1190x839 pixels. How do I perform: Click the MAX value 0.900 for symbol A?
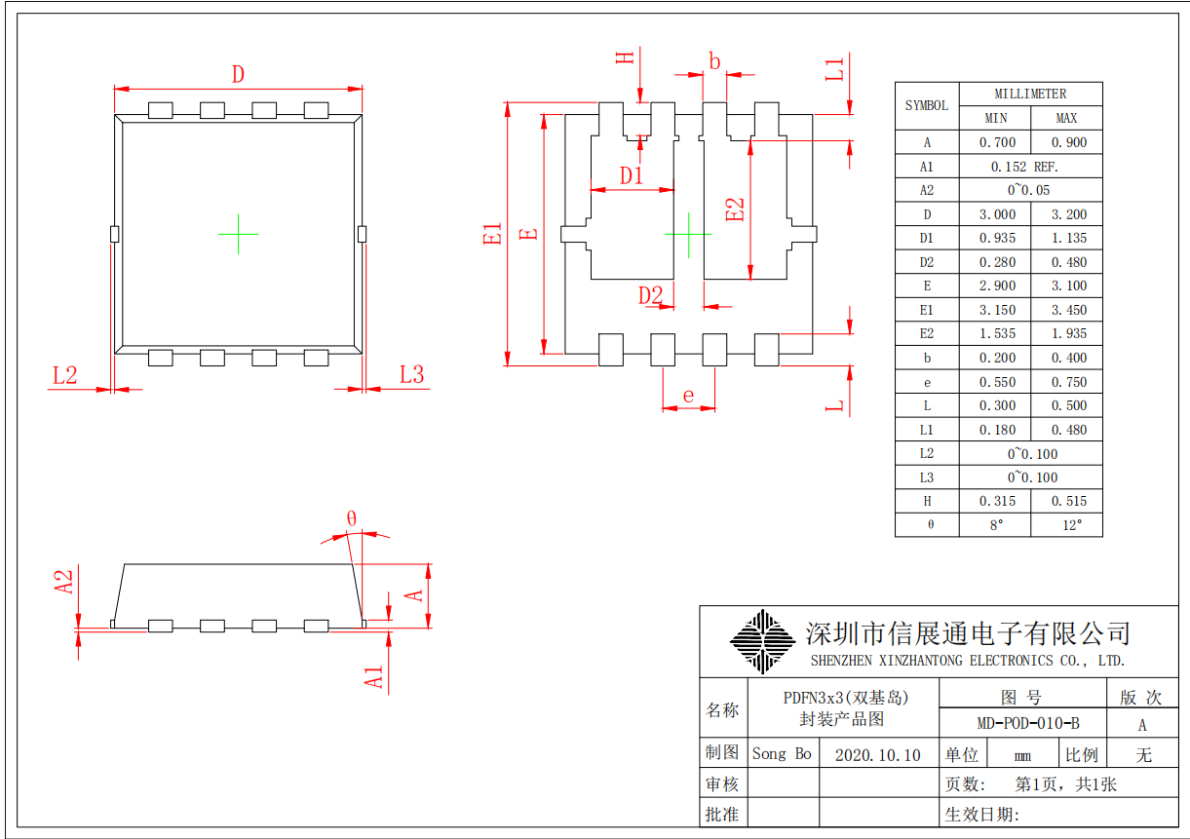click(1066, 142)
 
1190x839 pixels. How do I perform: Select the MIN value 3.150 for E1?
click(995, 310)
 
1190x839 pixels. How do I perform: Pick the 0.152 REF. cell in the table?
click(1031, 167)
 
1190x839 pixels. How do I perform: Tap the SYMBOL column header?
click(927, 106)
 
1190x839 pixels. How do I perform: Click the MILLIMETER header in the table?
click(1030, 94)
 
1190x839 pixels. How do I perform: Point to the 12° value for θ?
click(1066, 525)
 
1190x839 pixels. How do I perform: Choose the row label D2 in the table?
click(927, 262)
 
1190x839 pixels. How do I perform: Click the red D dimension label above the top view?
click(237, 74)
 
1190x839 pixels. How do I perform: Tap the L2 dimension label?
click(64, 375)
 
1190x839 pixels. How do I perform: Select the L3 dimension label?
click(412, 375)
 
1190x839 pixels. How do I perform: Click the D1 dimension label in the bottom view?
click(633, 176)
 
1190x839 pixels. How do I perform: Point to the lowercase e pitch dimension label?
click(688, 396)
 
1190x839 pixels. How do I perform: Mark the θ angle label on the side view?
click(351, 518)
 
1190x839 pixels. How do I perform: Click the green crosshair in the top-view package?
click(238, 234)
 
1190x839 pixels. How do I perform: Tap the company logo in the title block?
click(762, 640)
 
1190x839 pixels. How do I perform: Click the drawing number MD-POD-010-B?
click(1027, 724)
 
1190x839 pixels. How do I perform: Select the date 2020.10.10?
click(877, 755)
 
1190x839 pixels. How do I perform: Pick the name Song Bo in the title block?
click(782, 754)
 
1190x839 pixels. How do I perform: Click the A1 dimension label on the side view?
click(375, 677)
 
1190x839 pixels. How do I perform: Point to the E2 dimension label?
click(736, 210)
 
